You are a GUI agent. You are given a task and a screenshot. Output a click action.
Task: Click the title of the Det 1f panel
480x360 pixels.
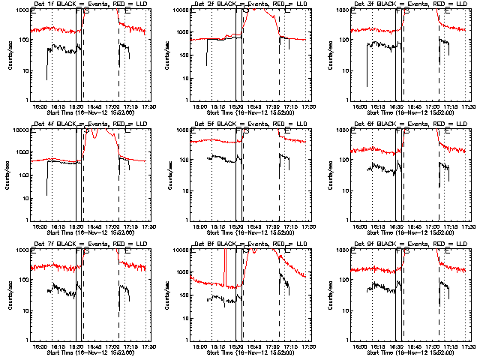82,4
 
